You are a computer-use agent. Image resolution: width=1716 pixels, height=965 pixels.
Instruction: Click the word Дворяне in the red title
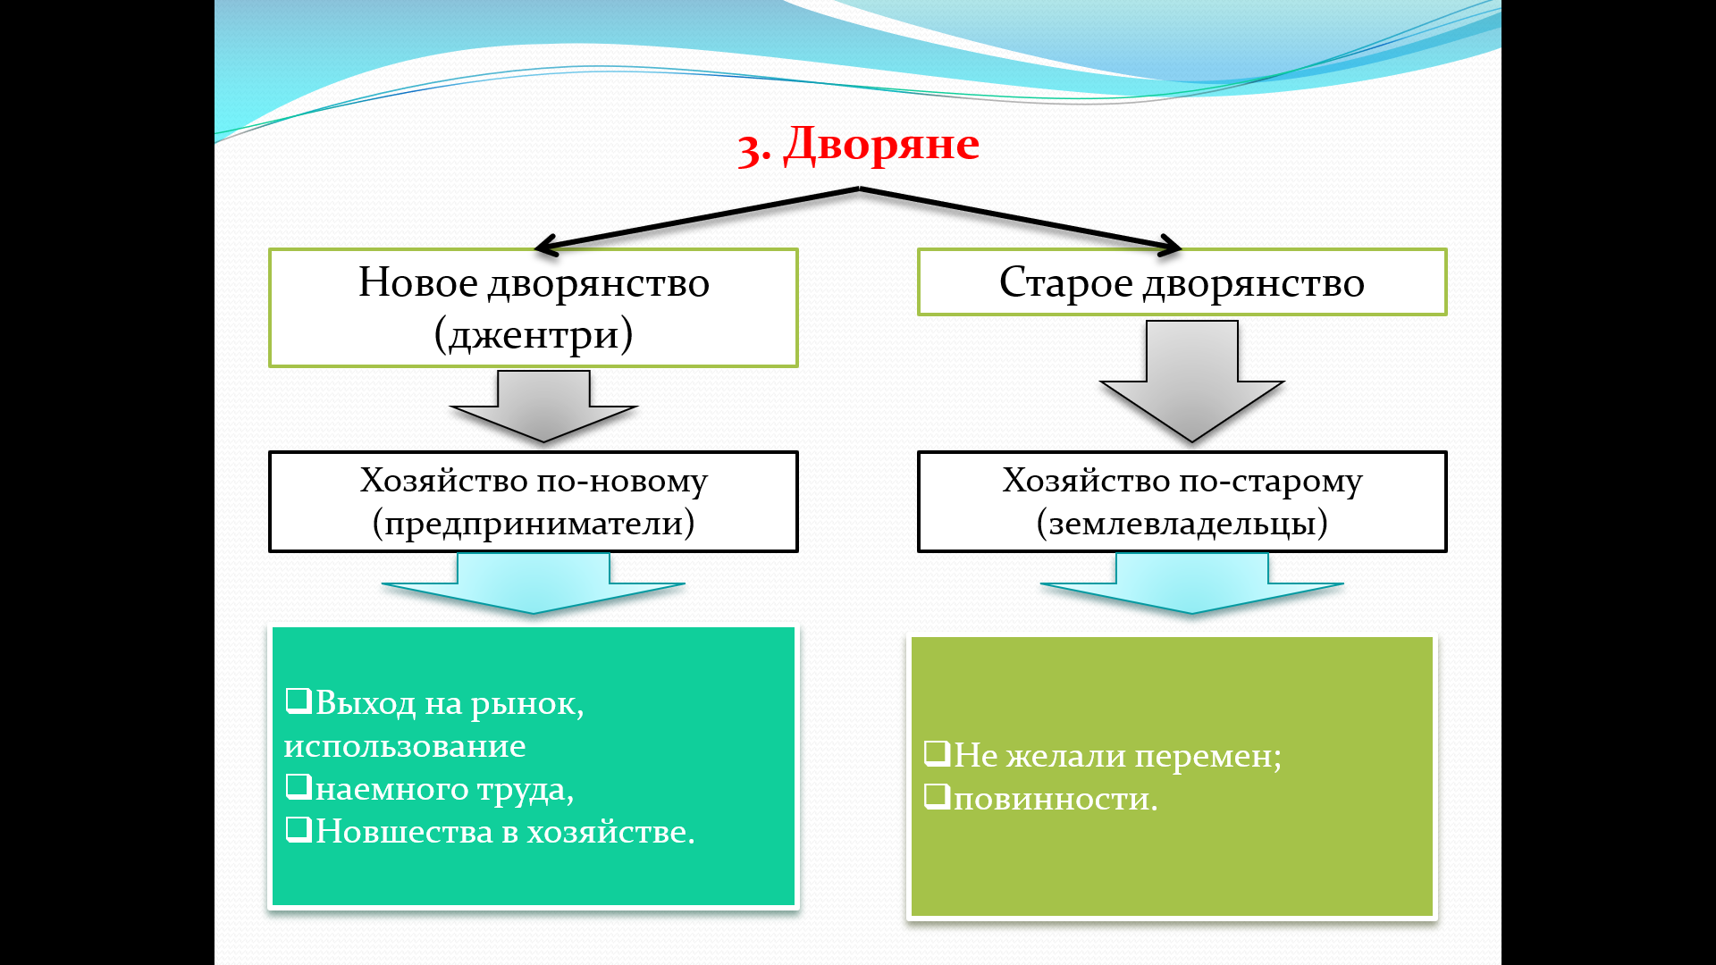pyautogui.click(x=881, y=145)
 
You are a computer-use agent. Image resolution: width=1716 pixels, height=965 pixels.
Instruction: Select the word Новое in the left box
pyautogui.click(x=418, y=282)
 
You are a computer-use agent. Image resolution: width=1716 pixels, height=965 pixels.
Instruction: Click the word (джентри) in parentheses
pyautogui.click(x=534, y=335)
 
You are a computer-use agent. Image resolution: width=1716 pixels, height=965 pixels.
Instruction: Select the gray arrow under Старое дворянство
pyautogui.click(x=1192, y=380)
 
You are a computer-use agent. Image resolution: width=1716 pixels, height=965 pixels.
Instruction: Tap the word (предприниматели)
pyautogui.click(x=534, y=523)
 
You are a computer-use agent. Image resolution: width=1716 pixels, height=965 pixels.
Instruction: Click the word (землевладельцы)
pyautogui.click(x=1182, y=523)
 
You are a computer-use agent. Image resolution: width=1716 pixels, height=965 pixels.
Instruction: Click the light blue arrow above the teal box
pyautogui.click(x=534, y=583)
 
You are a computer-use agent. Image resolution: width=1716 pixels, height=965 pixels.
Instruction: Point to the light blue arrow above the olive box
pyautogui.click(x=1192, y=583)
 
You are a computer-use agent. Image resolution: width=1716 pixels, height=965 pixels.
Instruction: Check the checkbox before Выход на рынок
pyautogui.click(x=299, y=701)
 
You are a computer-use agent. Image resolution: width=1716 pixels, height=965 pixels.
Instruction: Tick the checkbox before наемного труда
pyautogui.click(x=299, y=786)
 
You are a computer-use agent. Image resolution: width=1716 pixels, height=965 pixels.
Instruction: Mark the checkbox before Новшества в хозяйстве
pyautogui.click(x=299, y=829)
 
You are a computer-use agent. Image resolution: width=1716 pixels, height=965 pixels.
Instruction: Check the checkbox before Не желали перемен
pyautogui.click(x=937, y=753)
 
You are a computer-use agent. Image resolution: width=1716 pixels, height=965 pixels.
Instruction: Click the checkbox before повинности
pyautogui.click(x=937, y=795)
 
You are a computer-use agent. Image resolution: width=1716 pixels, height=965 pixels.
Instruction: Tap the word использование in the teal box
pyautogui.click(x=405, y=746)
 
